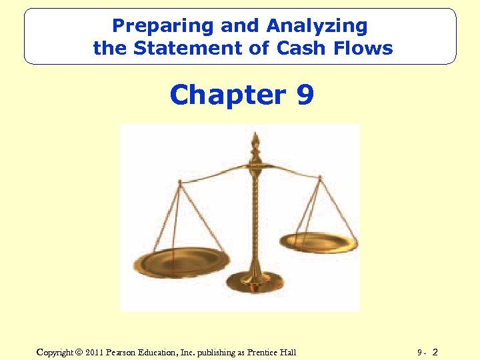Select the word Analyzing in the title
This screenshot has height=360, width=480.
pyautogui.click(x=317, y=26)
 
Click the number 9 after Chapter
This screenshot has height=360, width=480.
pyautogui.click(x=304, y=95)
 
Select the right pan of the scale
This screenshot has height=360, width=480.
pyautogui.click(x=319, y=241)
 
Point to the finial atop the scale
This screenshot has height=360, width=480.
pyautogui.click(x=254, y=142)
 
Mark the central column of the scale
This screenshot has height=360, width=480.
pyautogui.click(x=255, y=213)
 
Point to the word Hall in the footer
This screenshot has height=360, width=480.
pyautogui.click(x=287, y=352)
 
